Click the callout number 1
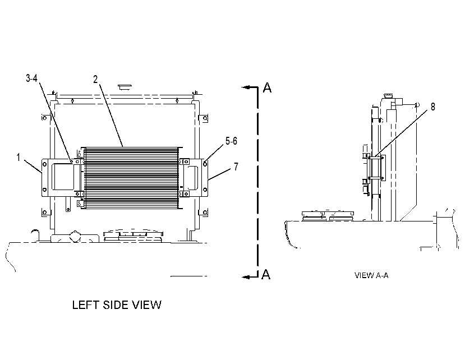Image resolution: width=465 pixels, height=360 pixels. point(19,158)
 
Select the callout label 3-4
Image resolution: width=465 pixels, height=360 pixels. point(32,79)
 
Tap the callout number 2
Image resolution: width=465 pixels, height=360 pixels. point(95,80)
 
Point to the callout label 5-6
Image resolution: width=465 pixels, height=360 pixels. point(231,141)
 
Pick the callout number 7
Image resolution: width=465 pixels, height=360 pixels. point(236,167)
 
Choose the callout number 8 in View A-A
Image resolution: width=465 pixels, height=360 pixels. point(433,107)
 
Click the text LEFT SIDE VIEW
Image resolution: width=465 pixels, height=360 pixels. point(117,305)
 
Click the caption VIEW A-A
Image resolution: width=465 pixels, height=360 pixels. point(371,275)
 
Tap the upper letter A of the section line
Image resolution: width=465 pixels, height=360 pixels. point(267,87)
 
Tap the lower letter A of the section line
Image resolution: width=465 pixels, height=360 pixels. point(266,274)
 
